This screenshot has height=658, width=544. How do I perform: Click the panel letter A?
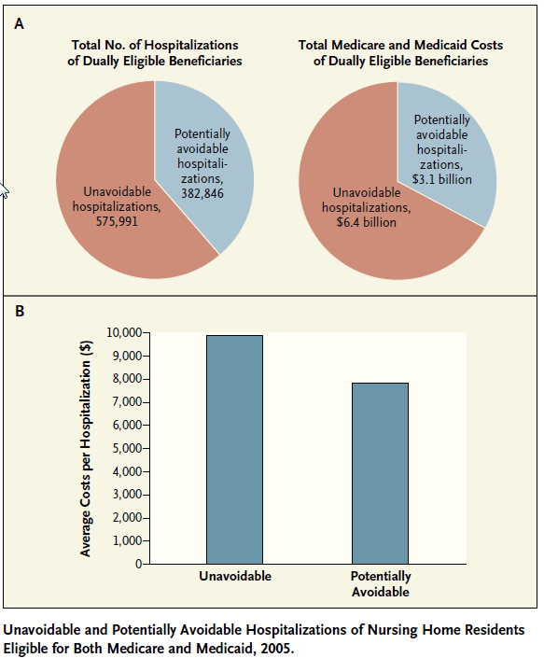pos(19,24)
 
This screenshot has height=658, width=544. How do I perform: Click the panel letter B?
pos(20,312)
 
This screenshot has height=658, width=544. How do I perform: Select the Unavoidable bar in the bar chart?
pos(234,450)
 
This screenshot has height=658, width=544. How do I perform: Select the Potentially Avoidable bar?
pos(380,473)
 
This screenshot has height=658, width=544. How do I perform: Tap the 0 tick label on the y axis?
pos(138,564)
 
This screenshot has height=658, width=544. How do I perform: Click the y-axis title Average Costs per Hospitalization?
pos(86,448)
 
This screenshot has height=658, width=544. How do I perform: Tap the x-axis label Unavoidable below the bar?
pos(235,576)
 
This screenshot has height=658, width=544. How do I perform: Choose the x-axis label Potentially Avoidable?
pos(381,583)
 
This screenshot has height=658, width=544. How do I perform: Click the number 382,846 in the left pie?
pos(202,193)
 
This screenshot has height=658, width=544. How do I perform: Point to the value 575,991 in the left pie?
pos(117,221)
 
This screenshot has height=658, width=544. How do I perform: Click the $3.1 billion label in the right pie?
pos(441,179)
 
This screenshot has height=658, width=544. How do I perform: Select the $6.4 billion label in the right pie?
pos(366,222)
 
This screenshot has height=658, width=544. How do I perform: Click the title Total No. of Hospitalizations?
pos(155,45)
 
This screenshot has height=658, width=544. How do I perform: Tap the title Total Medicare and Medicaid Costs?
pos(400,45)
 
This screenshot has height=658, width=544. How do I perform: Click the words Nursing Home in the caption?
pos(393,630)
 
